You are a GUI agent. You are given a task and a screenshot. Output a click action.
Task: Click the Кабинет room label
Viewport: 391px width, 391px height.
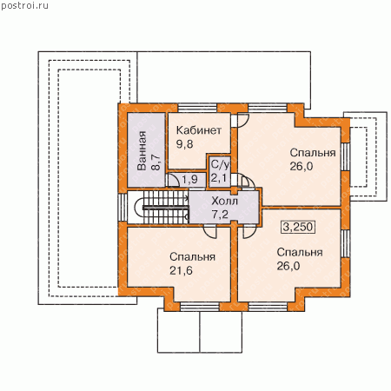[199, 130]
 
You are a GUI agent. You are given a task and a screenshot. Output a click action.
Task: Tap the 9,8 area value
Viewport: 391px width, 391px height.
[184, 144]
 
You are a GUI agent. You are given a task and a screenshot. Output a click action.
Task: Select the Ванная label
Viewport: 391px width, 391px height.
[142, 150]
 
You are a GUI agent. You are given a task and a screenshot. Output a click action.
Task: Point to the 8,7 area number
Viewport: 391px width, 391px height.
[156, 162]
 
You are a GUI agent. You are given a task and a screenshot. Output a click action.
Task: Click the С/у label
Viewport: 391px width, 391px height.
[220, 164]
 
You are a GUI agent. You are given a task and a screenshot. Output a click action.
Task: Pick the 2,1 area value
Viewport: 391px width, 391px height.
[219, 177]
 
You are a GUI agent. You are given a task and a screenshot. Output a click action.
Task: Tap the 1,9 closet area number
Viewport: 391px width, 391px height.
[189, 180]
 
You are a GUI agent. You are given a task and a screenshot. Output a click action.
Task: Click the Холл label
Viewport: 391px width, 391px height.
[224, 201]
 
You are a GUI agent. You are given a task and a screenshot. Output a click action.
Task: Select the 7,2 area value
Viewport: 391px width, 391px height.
[220, 215]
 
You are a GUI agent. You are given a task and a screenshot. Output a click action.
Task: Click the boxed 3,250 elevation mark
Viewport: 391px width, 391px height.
[298, 227]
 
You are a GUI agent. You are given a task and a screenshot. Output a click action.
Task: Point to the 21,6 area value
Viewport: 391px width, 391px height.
[181, 270]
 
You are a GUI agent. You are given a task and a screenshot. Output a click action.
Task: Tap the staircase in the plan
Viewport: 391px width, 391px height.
[161, 208]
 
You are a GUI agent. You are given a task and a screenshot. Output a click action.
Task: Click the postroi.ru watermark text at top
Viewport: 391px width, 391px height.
[24, 5]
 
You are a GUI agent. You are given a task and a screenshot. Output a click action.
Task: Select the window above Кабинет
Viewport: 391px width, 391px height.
[197, 108]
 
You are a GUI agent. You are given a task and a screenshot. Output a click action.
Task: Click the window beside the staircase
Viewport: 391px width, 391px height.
[123, 208]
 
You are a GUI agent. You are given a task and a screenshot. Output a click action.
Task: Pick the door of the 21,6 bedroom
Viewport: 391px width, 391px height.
[209, 232]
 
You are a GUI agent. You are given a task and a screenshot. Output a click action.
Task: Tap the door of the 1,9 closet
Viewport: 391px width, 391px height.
[174, 180]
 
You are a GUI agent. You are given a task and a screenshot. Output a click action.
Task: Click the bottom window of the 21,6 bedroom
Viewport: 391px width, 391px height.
[200, 307]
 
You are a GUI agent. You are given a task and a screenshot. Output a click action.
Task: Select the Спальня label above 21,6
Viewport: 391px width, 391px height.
[192, 257]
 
